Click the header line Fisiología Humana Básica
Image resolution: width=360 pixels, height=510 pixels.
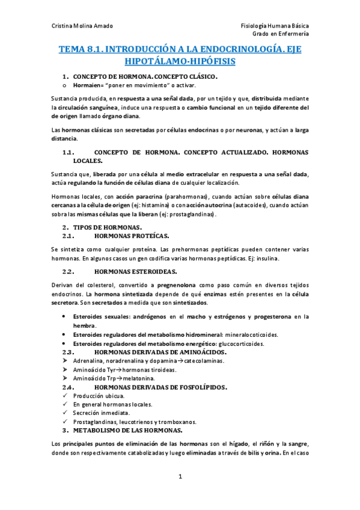click(x=275, y=25)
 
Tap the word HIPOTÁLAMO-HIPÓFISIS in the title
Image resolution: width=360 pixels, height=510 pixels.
click(x=180, y=62)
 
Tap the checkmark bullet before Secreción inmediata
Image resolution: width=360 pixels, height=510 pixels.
click(x=65, y=413)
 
